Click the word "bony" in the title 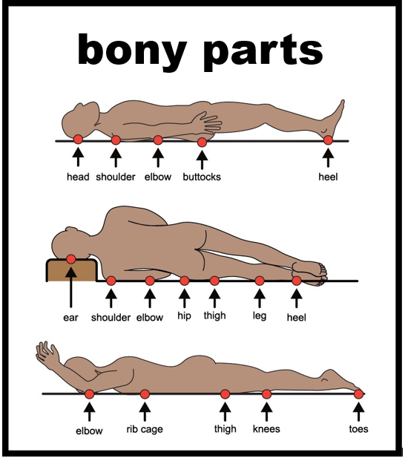132,50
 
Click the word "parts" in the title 263,50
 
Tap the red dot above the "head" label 78,139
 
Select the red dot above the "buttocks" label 202,143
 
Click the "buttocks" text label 202,177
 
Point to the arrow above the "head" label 78,157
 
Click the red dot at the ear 71,259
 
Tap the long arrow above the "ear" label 70,288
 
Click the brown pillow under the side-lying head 71,270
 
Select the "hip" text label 184,315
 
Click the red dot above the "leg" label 260,281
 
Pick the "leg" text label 260,315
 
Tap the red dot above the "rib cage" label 145,394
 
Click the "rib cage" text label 145,429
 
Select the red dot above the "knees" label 266,394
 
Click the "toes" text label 358,429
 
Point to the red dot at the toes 358,394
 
